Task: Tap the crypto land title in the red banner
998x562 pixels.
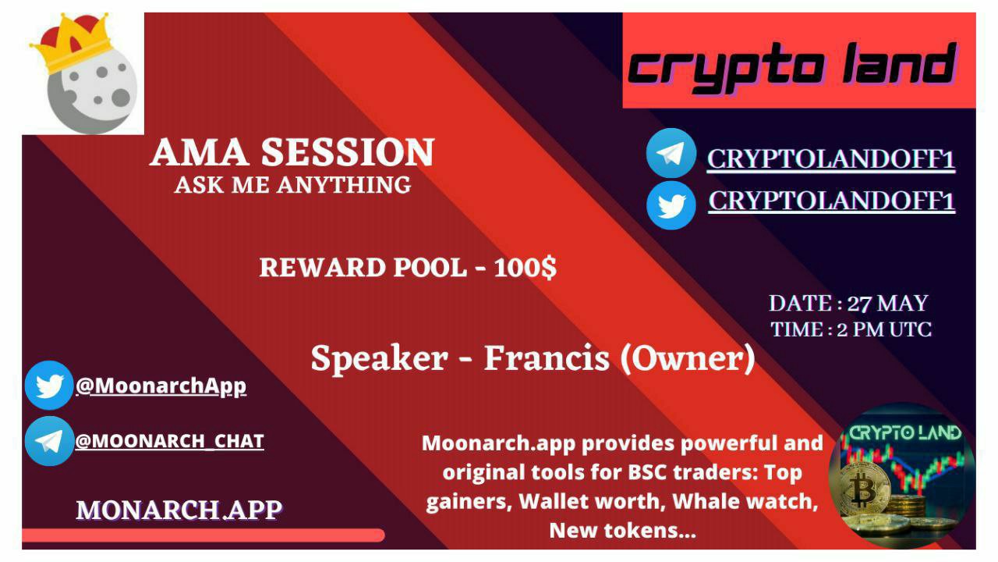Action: coord(791,67)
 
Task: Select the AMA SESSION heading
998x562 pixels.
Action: coord(292,152)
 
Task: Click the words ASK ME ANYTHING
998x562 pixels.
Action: coord(292,185)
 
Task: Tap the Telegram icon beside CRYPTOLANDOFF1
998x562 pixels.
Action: coord(671,153)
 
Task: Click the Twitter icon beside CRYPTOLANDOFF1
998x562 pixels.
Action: coord(671,205)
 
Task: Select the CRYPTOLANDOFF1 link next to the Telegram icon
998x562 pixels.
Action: coord(831,158)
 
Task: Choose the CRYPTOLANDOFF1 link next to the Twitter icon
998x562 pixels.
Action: coord(831,201)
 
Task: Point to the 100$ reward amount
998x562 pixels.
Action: coord(526,268)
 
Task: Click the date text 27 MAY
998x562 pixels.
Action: coord(887,304)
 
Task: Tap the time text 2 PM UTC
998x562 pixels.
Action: coord(884,330)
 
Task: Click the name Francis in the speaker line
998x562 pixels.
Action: coord(547,358)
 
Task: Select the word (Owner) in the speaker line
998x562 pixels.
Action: coord(688,359)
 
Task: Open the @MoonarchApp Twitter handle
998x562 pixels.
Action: coord(161,386)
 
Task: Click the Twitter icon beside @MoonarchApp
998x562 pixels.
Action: coord(49,386)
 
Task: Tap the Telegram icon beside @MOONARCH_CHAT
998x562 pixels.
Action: coord(49,441)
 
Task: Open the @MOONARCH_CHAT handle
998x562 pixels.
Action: coord(170,442)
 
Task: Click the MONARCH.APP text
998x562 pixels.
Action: coord(179,510)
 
